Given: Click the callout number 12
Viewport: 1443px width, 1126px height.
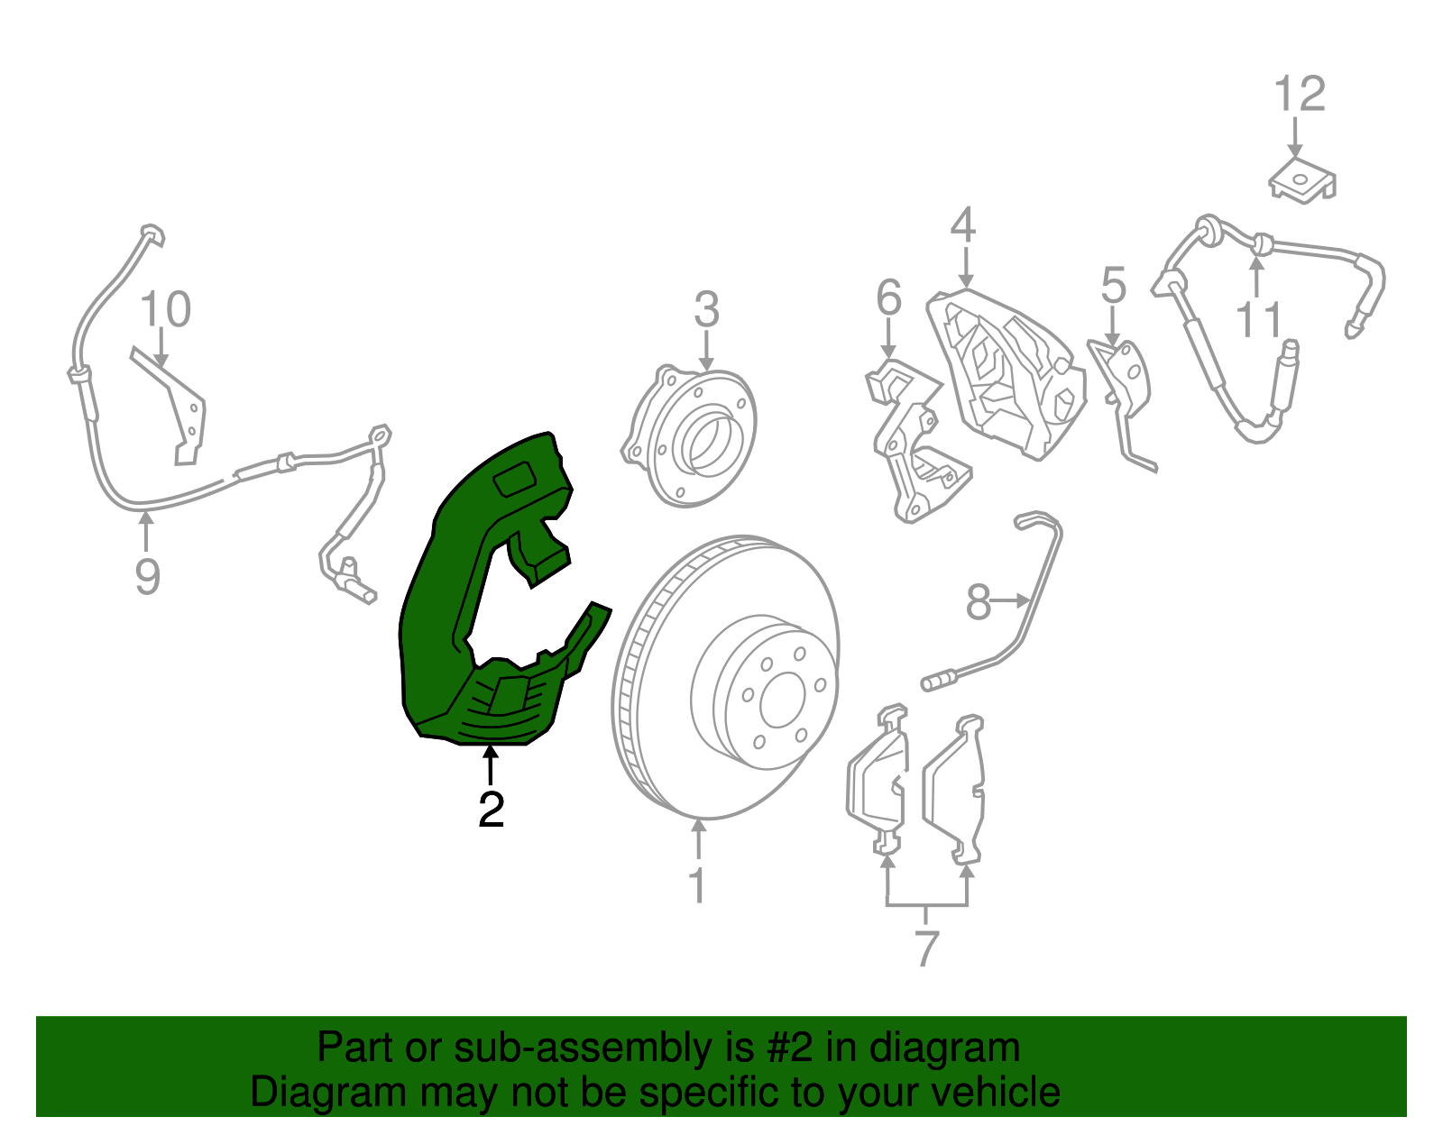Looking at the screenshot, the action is click(1299, 95).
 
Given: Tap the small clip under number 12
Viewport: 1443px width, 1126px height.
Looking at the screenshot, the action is click(1302, 180).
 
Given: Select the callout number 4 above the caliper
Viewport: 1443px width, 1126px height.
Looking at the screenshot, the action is click(963, 224).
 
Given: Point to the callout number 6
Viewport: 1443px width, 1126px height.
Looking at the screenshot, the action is click(1114, 285).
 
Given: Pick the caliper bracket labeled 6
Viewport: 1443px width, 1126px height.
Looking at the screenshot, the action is click(888, 297).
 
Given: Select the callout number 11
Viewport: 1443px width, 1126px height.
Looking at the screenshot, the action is click(1258, 320).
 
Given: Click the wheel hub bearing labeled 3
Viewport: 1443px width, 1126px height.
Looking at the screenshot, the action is click(688, 436).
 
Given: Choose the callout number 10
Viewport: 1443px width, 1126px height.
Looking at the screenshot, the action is click(165, 309).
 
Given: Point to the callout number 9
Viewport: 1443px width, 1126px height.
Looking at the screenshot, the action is click(147, 576).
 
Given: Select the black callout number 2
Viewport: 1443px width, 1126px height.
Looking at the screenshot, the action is click(491, 809).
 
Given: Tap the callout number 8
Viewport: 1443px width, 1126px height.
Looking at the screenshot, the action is click(978, 602).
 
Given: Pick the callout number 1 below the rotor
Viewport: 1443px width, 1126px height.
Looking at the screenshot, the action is click(697, 884).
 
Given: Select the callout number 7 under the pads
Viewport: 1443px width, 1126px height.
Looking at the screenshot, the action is click(926, 948).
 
